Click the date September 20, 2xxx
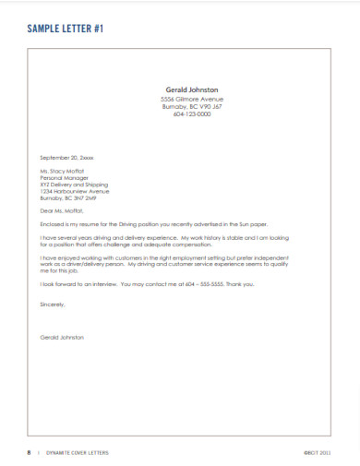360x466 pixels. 66,159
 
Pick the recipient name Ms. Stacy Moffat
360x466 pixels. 62,172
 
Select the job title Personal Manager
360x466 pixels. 63,178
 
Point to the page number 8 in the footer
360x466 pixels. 29,452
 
